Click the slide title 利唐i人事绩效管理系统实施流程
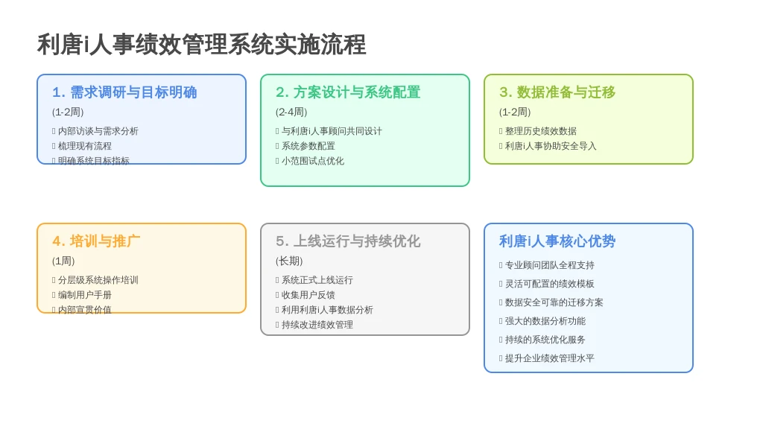click(201, 45)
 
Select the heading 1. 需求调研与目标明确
click(124, 92)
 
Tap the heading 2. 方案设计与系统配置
click(348, 92)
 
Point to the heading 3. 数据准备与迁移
click(557, 92)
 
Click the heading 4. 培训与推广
click(96, 241)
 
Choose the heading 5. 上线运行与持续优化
click(348, 241)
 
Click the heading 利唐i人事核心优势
click(557, 241)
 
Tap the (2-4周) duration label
click(291, 112)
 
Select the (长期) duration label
click(289, 261)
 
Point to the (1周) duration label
click(63, 261)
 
